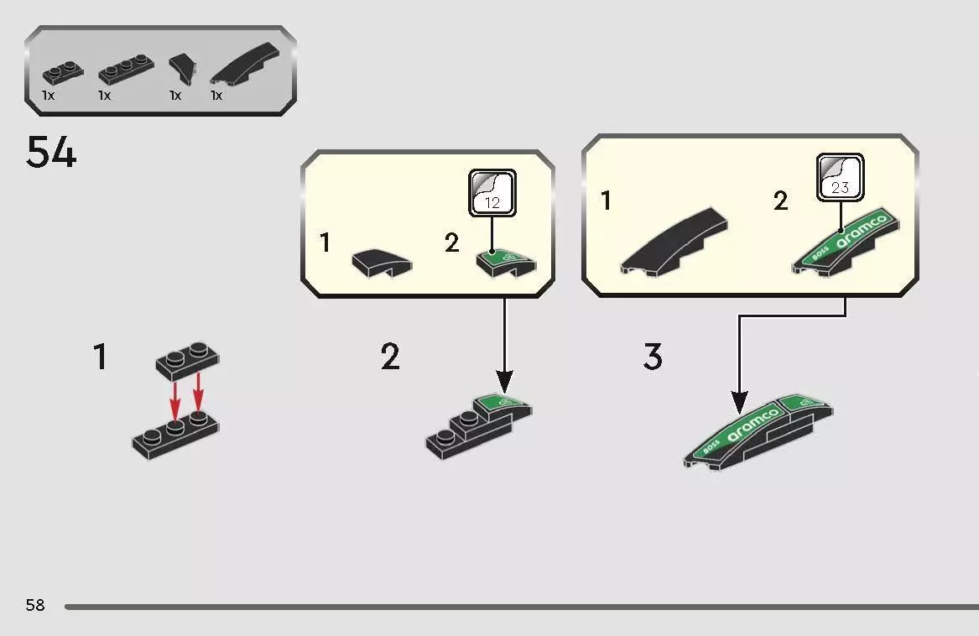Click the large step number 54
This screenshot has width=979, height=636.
click(51, 153)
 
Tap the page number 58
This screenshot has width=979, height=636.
click(35, 605)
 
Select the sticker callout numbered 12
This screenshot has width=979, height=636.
click(492, 193)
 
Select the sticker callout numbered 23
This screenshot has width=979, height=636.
click(841, 177)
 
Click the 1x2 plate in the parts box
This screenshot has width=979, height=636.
click(62, 74)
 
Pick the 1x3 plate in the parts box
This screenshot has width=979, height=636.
click(126, 70)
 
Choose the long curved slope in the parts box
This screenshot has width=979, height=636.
click(245, 63)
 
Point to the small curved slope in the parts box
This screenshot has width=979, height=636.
click(182, 68)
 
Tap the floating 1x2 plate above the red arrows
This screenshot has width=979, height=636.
click(187, 361)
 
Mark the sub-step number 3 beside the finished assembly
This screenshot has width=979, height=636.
click(653, 357)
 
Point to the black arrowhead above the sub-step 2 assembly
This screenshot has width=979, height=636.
click(504, 381)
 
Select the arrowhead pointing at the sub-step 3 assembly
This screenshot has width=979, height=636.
click(739, 403)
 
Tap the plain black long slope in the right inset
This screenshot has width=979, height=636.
click(674, 242)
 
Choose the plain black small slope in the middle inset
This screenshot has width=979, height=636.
click(382, 263)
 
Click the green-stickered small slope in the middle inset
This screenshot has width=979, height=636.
click(506, 263)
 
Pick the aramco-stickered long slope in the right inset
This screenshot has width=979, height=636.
click(846, 242)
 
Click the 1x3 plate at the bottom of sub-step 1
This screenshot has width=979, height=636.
click(175, 436)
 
